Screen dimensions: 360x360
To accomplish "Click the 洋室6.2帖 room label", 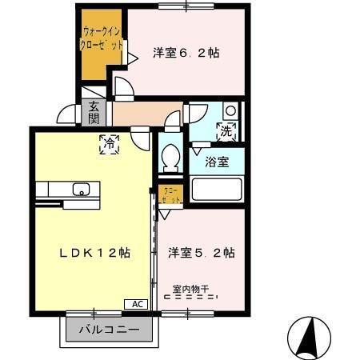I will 186,54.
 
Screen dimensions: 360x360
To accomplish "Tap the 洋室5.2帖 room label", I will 201,252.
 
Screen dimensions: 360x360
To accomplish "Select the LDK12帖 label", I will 94,252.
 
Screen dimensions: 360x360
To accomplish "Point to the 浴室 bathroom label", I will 216,162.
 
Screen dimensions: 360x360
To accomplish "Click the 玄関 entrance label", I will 94,112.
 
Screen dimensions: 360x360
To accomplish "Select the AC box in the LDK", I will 136,305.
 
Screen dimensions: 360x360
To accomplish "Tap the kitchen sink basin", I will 81,190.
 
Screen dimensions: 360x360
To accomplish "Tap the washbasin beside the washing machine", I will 230,110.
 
